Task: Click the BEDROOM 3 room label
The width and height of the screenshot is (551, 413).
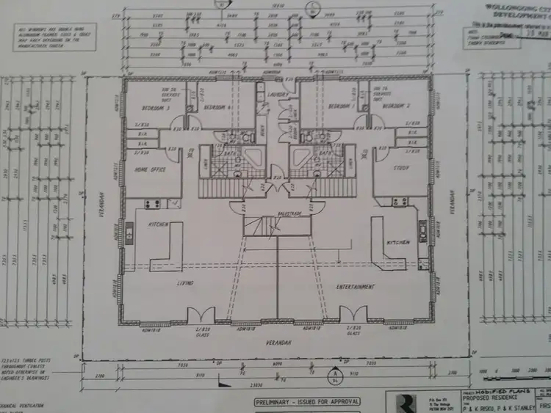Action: pos(155,108)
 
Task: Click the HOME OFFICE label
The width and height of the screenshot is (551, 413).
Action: pos(150,169)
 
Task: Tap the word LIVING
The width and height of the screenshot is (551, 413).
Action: pos(184,282)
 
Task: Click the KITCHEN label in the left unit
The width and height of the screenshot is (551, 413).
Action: pos(159,224)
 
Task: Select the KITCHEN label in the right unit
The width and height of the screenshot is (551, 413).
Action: pos(397,241)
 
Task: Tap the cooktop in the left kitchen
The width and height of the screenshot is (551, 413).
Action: pos(153,203)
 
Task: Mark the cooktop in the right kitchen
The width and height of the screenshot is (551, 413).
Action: pos(400,201)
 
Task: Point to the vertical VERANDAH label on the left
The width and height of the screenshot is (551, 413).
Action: pos(104,205)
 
